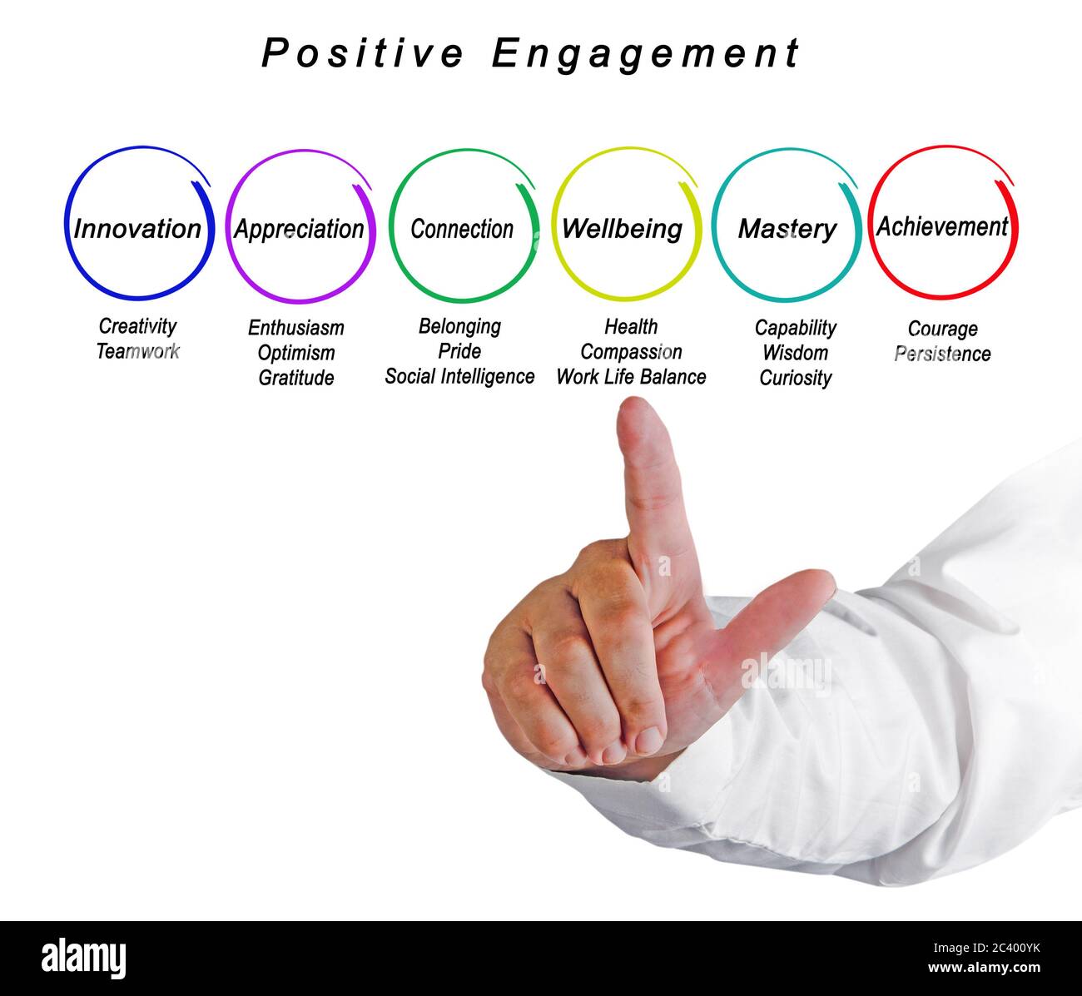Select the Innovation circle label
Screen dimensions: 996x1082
(137, 229)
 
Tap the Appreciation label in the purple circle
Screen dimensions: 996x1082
(299, 229)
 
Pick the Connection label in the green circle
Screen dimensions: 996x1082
(462, 229)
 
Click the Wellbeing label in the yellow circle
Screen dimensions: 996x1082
(622, 229)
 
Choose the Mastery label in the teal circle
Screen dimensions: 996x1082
(787, 229)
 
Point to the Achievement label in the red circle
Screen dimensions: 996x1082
(941, 226)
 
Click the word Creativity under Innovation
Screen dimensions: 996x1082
(137, 326)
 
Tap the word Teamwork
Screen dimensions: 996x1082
(137, 351)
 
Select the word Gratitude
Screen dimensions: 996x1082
(295, 378)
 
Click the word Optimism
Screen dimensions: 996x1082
(295, 353)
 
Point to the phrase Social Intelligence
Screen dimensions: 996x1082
(459, 377)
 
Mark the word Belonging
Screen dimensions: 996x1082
(459, 326)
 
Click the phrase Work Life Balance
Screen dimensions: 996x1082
(631, 377)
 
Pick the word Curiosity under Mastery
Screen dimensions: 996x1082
(795, 378)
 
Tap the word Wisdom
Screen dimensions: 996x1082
(795, 353)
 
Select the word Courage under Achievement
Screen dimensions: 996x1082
(942, 329)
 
